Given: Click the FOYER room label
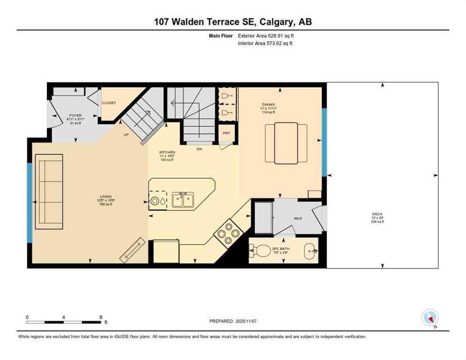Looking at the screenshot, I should click(75, 115).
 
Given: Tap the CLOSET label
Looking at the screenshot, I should click(109, 103).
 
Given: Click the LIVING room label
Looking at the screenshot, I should click(105, 197).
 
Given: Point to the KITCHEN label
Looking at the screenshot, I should click(167, 152).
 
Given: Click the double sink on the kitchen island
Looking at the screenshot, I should click(183, 200).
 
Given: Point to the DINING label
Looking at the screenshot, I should click(269, 105).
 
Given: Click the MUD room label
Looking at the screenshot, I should click(298, 218).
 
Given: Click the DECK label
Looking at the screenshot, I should click(377, 214).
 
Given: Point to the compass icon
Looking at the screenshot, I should click(430, 318).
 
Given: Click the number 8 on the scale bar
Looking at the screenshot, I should click(101, 317).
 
